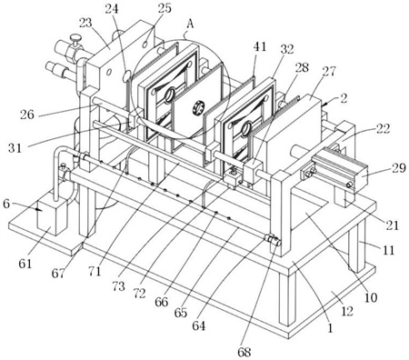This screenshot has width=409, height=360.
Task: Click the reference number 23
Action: click(85, 23)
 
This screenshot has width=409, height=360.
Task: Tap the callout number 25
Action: click(165, 8)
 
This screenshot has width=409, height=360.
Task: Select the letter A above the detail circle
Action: click(190, 24)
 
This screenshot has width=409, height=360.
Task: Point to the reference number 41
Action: click(260, 46)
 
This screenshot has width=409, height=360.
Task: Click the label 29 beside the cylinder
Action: click(398, 167)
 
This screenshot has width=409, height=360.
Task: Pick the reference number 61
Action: click(25, 264)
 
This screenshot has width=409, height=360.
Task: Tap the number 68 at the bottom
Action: click(244, 352)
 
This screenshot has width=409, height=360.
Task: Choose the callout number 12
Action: click(347, 311)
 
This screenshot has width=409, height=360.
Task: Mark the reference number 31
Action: click(15, 148)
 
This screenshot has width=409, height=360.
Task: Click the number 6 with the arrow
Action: click(6, 204)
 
